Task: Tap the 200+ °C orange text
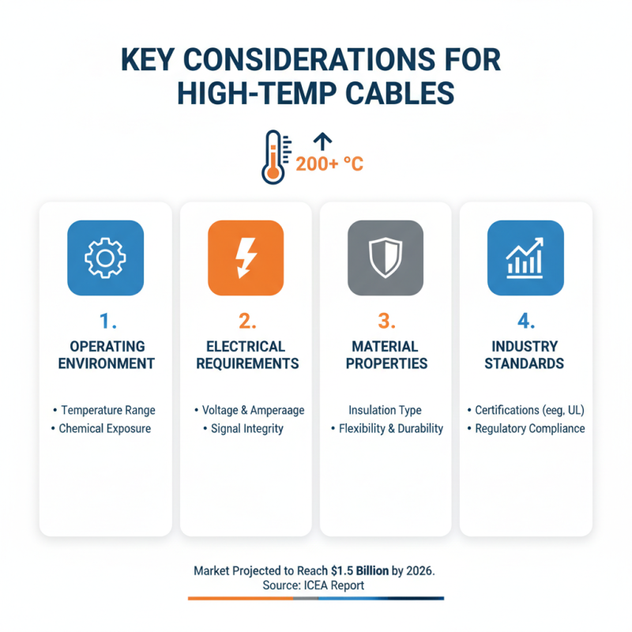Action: [x=329, y=164]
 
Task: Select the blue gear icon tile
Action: [x=105, y=258]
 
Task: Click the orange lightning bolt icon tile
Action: [x=246, y=258]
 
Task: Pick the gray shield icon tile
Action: [x=386, y=258]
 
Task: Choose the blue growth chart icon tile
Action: [x=525, y=258]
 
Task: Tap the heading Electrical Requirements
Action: [x=246, y=355]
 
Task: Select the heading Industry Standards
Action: [x=525, y=355]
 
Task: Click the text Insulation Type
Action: [x=385, y=410]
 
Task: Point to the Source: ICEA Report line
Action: [x=316, y=585]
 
